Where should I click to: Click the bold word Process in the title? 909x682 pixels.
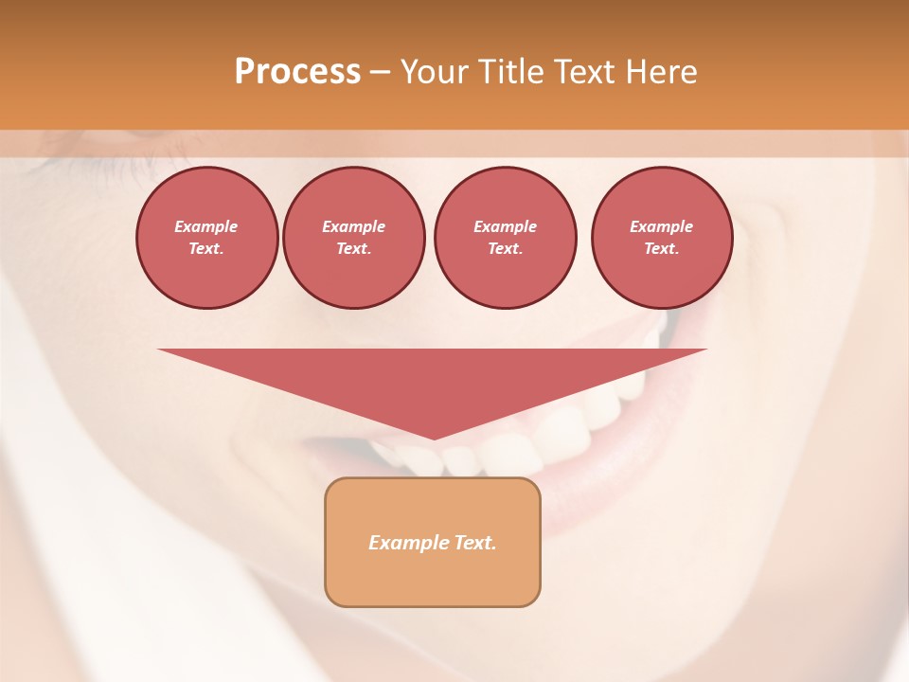point(297,71)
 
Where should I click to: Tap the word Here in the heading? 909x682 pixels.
point(661,71)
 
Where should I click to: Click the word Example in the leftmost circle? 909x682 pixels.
point(206,226)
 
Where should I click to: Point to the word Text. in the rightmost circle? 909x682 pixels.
point(661,248)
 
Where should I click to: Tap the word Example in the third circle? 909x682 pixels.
point(505,226)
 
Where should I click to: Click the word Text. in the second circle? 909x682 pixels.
point(353,248)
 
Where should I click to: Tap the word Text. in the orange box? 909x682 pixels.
point(476,543)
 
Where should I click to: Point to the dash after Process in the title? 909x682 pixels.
point(380,72)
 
